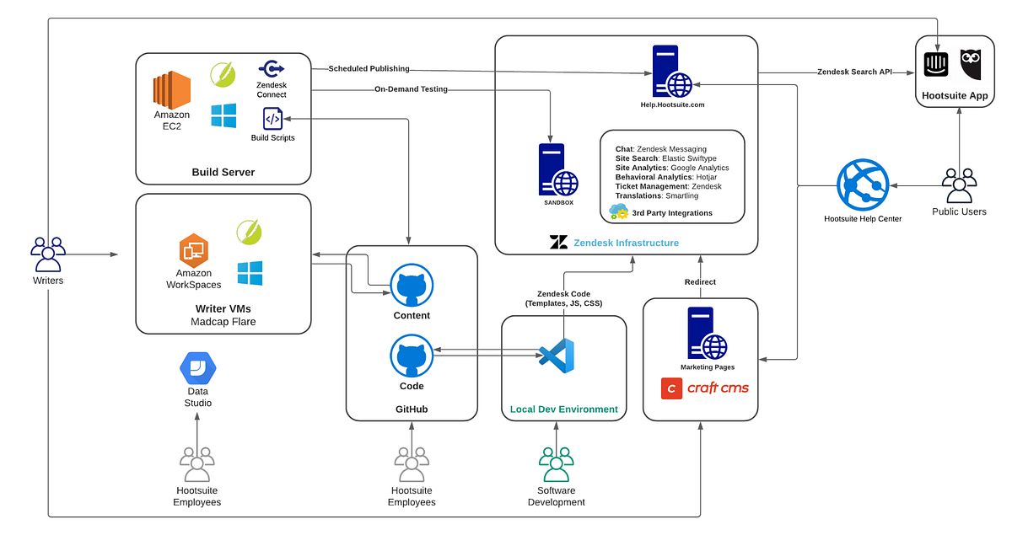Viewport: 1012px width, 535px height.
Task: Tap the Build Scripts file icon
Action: point(272,119)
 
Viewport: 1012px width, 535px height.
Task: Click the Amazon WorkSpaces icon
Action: point(193,250)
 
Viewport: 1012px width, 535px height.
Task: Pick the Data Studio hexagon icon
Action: point(198,368)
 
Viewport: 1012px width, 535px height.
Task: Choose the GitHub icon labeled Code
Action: point(412,356)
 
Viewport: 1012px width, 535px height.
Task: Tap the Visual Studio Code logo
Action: point(557,356)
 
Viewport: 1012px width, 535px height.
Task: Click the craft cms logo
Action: point(705,388)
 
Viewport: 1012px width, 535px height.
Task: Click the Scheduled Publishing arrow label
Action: point(369,69)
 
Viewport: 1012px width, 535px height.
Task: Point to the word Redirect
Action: point(700,282)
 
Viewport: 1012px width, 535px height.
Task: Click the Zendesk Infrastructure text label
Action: point(626,243)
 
